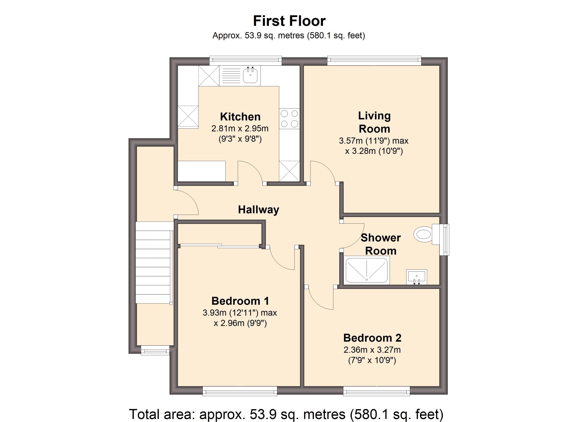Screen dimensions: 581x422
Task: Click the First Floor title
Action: pos(289,21)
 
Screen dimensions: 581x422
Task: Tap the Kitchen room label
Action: pos(240,117)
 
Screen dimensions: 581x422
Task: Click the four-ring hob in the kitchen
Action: pos(289,119)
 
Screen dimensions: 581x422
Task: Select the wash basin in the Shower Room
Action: pos(417,277)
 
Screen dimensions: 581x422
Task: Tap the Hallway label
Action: pos(258,210)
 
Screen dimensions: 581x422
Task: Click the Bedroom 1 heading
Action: pos(240,301)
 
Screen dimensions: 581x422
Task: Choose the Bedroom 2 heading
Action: pos(372,338)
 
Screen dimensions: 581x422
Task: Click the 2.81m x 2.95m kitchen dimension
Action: pos(240,128)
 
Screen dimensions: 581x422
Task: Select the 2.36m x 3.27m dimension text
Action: pos(372,350)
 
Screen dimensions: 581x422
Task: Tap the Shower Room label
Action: pos(381,244)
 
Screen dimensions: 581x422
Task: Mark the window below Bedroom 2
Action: pos(376,391)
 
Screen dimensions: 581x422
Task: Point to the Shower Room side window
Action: pos(444,239)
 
